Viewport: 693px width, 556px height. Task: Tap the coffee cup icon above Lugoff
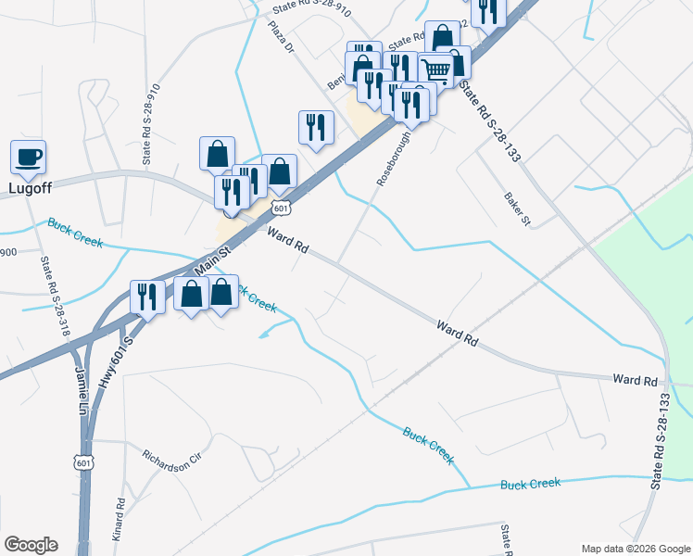click(x=28, y=157)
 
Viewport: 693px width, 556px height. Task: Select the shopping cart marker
click(x=435, y=69)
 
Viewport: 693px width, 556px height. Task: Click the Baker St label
click(x=516, y=209)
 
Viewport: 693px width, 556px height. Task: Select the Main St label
click(x=212, y=256)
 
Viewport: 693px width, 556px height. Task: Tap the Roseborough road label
click(x=394, y=158)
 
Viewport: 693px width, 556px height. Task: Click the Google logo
click(x=30, y=545)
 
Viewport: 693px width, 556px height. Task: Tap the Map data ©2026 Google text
click(x=635, y=549)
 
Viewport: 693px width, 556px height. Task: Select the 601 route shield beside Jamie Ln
click(x=83, y=461)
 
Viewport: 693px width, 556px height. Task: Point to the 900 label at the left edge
click(x=8, y=253)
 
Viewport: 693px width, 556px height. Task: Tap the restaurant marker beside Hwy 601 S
click(x=147, y=296)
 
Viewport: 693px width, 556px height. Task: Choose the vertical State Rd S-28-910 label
click(x=147, y=126)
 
